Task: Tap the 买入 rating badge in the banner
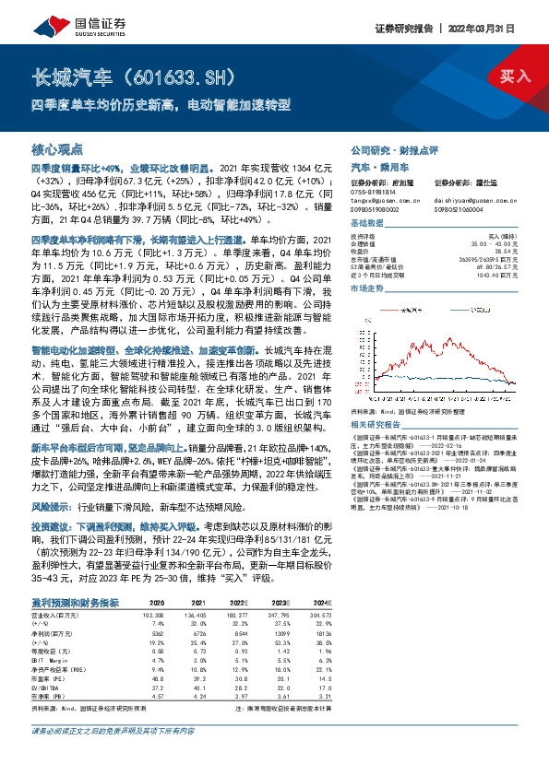[x=514, y=75]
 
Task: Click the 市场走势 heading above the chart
[x=365, y=288]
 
